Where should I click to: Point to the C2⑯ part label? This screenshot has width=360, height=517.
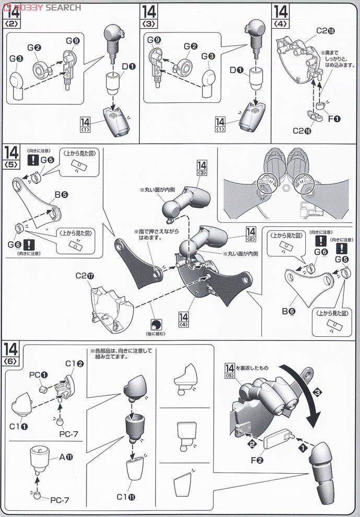click(302, 131)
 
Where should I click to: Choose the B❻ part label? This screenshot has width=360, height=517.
click(289, 312)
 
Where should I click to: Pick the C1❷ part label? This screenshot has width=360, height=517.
click(74, 363)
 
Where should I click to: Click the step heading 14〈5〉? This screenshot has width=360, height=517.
click(11, 156)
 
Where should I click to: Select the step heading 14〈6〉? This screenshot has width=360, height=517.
click(11, 354)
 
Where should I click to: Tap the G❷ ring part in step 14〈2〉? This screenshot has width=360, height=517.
click(41, 68)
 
